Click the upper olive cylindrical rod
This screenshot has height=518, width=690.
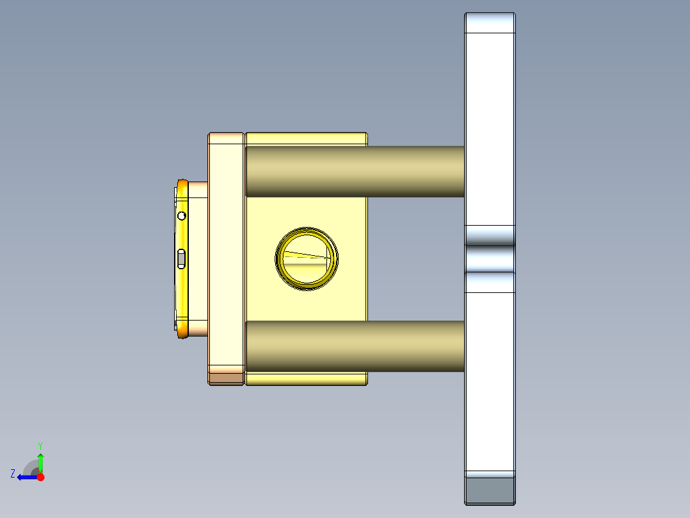[x=355, y=171]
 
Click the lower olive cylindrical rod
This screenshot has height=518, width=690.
[x=355, y=346]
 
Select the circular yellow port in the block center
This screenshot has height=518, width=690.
[x=307, y=258]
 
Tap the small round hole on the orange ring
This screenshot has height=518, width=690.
[x=182, y=215]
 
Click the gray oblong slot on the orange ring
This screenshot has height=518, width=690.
[x=181, y=258]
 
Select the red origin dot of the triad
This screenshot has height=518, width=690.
[x=40, y=477]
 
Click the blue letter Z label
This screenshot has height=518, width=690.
[x=13, y=474]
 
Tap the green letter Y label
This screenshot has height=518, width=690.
[x=40, y=445]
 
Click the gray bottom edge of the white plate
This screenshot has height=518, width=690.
[x=490, y=490]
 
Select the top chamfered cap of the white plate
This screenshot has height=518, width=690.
[x=490, y=22]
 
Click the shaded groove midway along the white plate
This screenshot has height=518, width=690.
[x=490, y=259]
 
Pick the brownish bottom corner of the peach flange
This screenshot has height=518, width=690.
[x=226, y=379]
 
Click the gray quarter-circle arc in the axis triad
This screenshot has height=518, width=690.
[x=29, y=467]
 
